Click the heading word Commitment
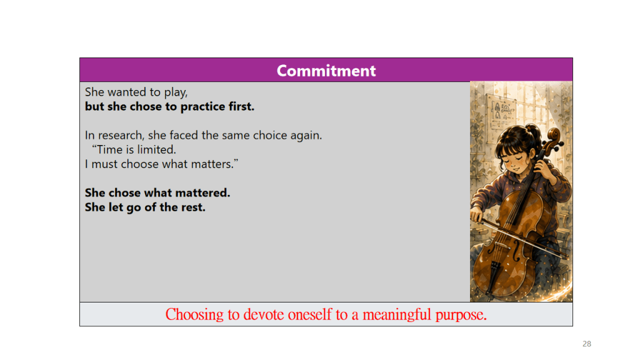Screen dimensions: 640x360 (326, 71)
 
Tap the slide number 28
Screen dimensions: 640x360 (586, 344)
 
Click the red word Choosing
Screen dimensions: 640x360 (194, 315)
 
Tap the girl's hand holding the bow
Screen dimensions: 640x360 (476, 214)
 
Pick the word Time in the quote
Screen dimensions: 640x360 (109, 150)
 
